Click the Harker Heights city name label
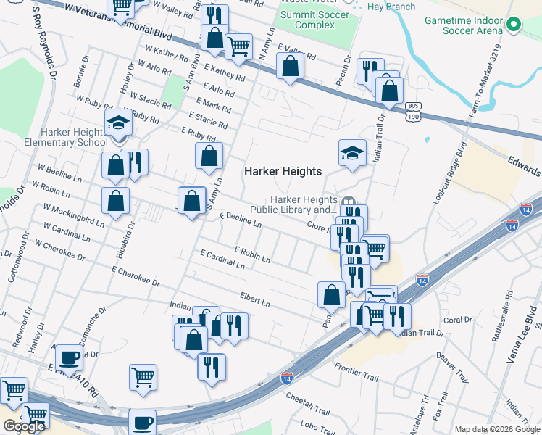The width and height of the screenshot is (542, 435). (282, 171)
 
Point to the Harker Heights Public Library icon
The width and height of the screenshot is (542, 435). (348, 201)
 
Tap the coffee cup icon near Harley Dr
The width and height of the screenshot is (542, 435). (70, 357)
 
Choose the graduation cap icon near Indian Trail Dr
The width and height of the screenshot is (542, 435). (352, 154)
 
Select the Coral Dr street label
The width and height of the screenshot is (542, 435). (457, 320)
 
